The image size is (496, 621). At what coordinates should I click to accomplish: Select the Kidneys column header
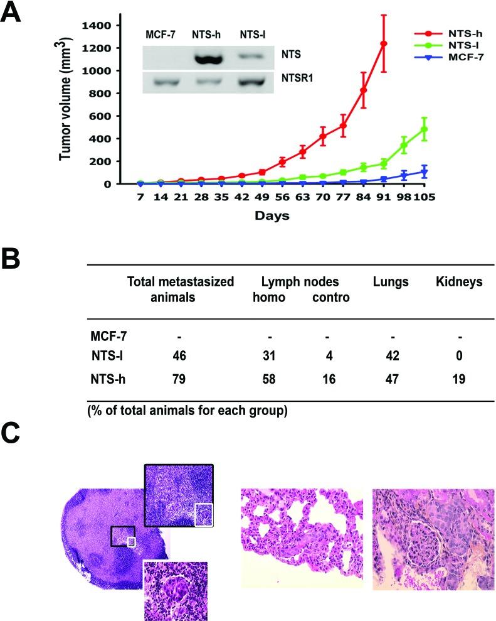click(459, 282)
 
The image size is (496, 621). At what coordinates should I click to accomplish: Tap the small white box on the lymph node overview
click(131, 541)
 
